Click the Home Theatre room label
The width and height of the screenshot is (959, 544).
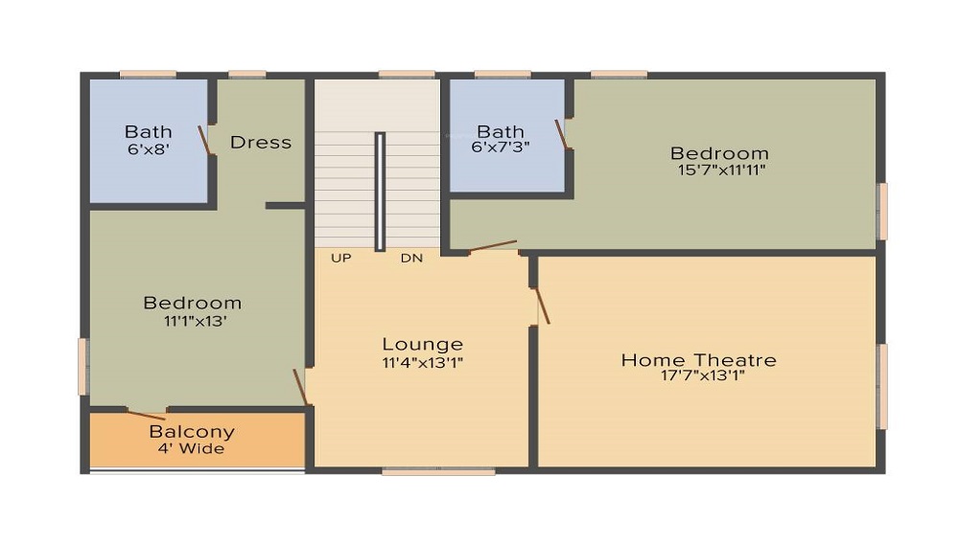tap(698, 360)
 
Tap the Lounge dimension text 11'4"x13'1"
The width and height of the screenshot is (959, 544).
tap(422, 362)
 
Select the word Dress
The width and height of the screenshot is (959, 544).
tap(261, 142)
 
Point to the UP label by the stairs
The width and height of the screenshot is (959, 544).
tap(340, 258)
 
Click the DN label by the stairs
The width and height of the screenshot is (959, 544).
tap(411, 258)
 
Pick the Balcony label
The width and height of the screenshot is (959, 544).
tap(192, 431)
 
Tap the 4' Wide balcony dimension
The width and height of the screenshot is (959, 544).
tap(192, 448)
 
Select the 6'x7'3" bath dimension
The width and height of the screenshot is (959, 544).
tap(501, 147)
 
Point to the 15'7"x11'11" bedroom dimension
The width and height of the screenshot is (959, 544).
tap(719, 170)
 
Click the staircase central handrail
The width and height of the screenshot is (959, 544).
tap(380, 191)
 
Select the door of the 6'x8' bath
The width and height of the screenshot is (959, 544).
tap(205, 140)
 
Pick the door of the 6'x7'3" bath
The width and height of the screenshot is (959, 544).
tap(562, 134)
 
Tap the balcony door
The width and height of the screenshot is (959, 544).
tap(146, 415)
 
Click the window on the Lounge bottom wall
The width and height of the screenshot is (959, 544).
tap(438, 470)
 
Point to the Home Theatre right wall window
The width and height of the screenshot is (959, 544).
tap(882, 386)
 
